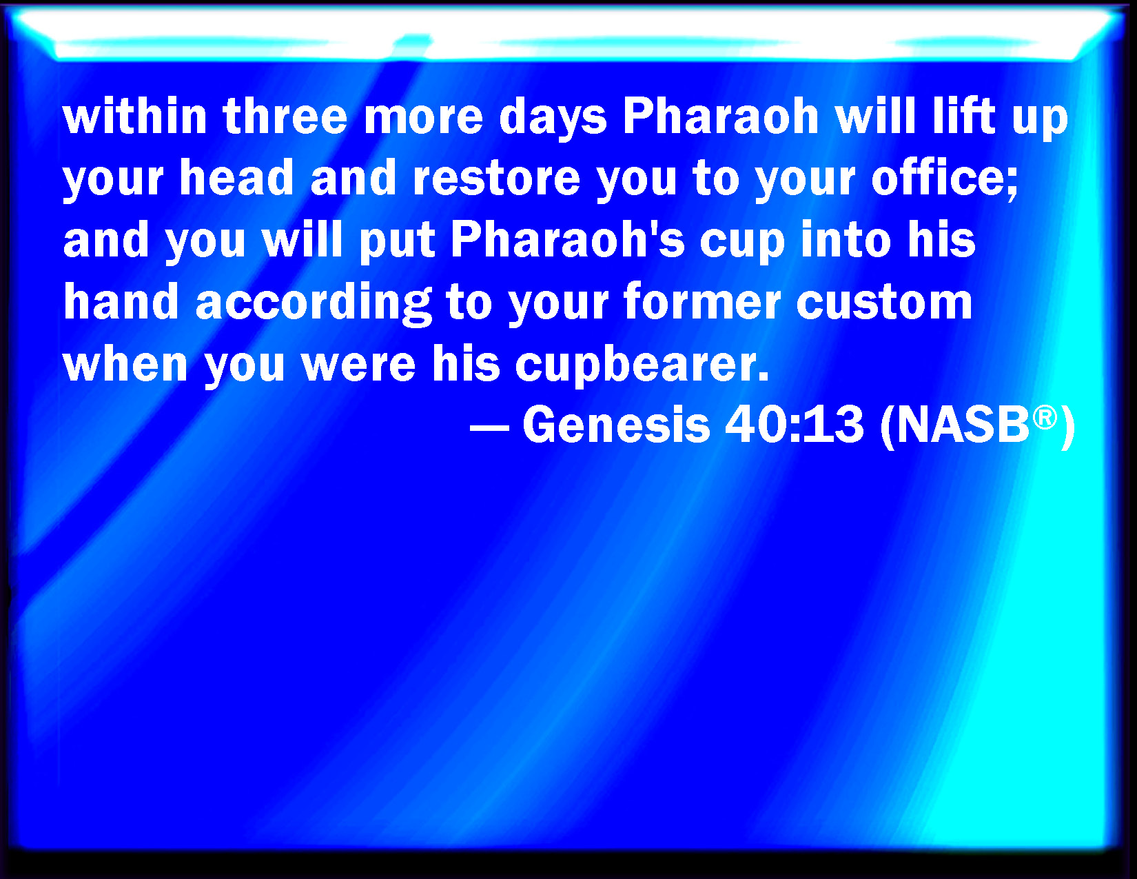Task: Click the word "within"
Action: click(135, 117)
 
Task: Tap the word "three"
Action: click(285, 117)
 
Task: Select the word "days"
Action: click(553, 119)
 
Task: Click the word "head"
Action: click(236, 178)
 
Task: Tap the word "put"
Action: click(397, 243)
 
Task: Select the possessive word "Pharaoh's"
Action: click(568, 240)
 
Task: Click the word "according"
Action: click(314, 304)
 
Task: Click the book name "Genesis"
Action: click(616, 425)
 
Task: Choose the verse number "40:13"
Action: click(795, 425)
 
